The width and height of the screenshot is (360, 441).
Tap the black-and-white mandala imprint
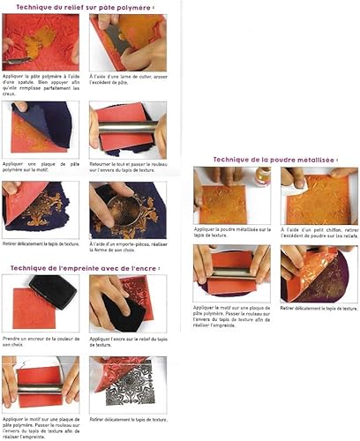(131, 386)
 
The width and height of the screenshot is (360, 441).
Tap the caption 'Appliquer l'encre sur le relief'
(124, 339)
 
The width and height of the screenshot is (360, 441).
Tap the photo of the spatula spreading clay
(40, 41)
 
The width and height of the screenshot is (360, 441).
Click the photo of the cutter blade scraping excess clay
(127, 41)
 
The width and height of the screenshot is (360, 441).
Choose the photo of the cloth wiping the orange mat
(319, 195)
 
